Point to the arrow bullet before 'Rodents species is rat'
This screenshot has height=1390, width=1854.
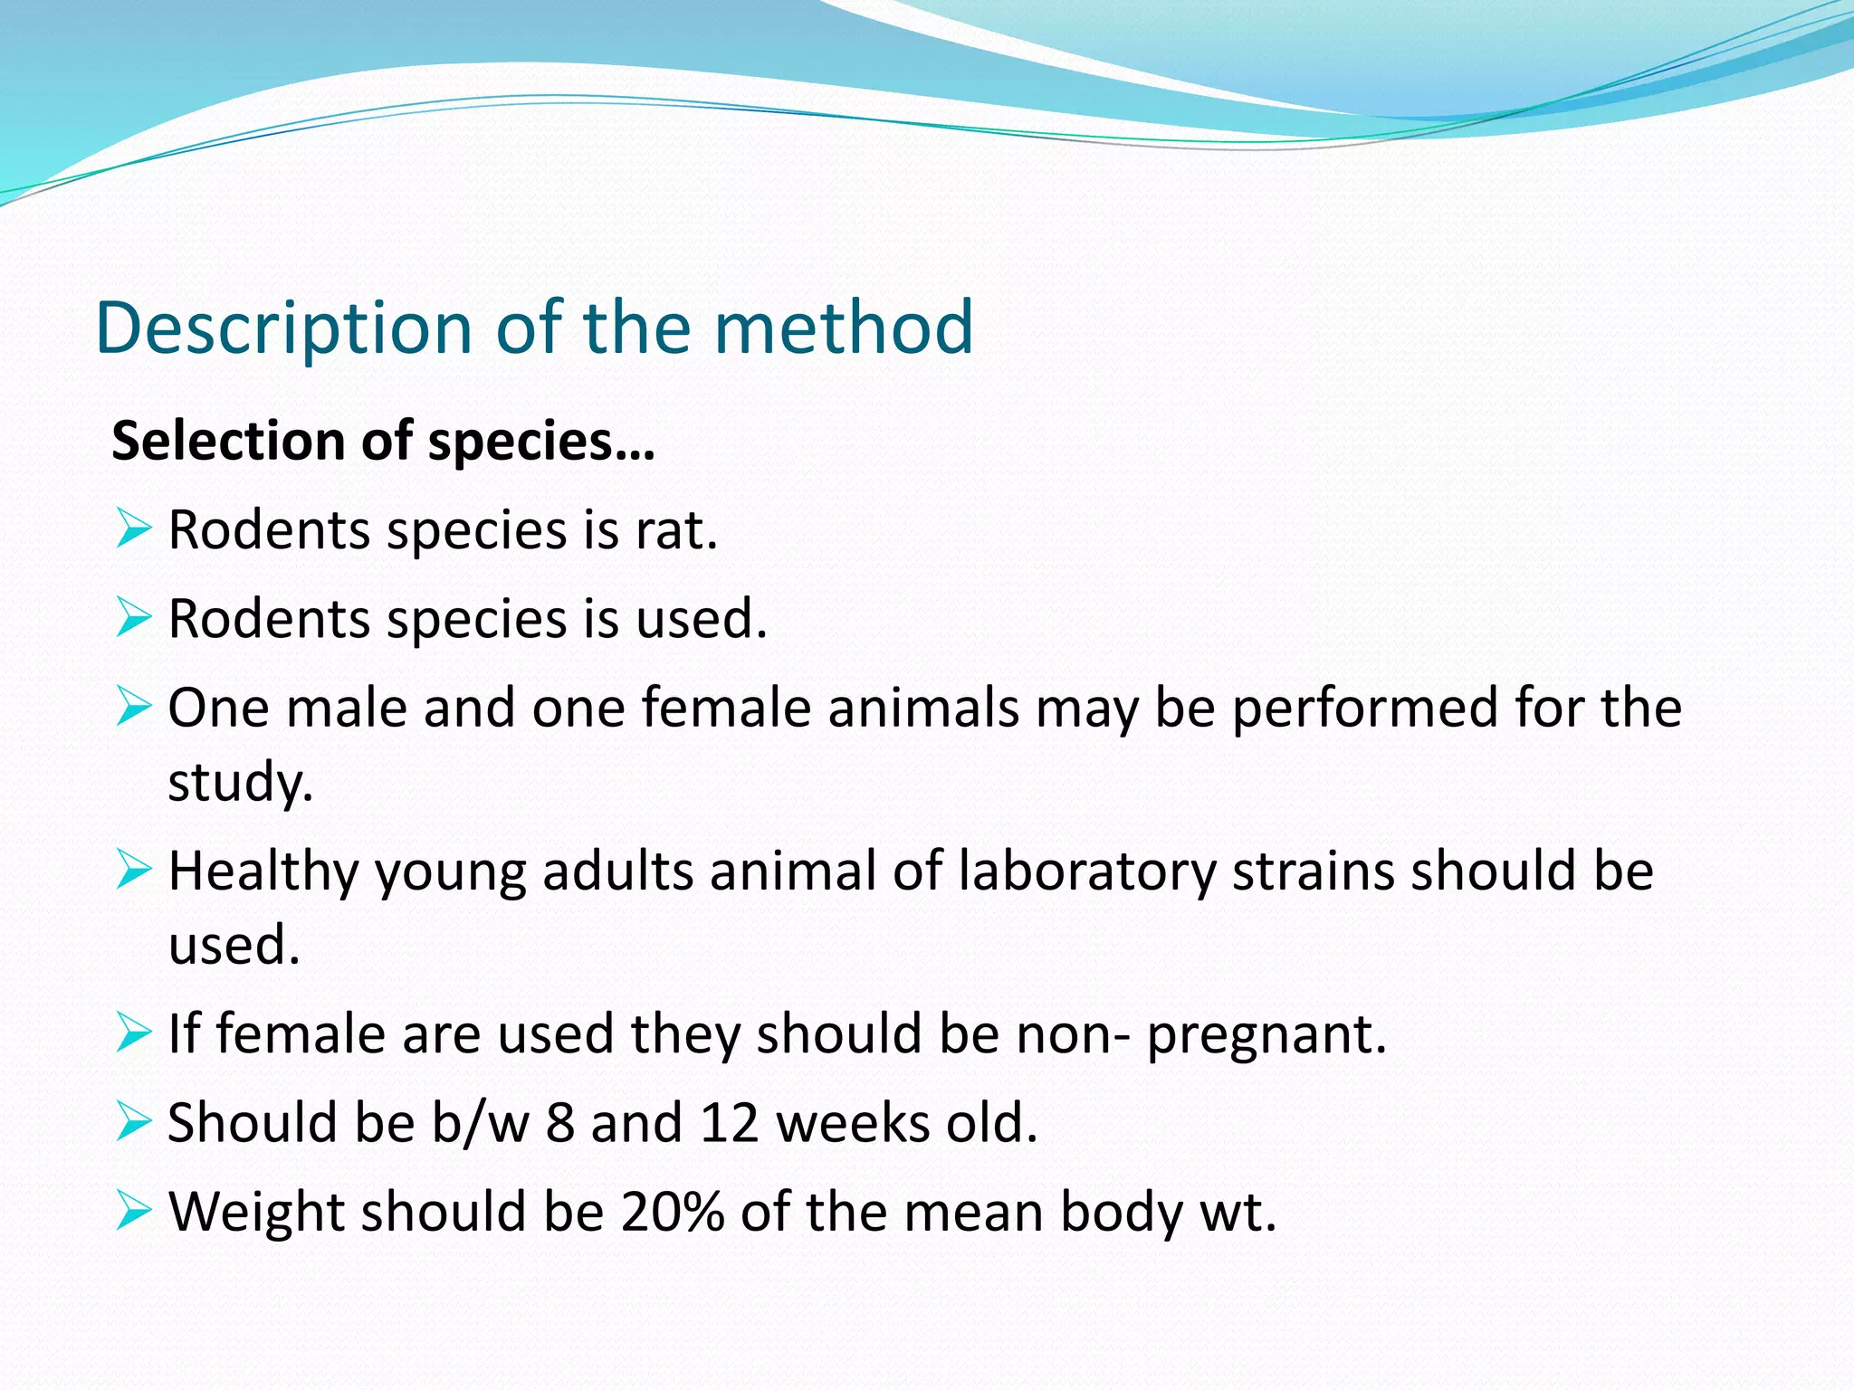click(133, 528)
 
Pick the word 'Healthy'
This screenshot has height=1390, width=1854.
click(263, 871)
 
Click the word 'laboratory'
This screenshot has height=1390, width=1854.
click(1086, 871)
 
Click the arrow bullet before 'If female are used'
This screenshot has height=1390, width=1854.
click(133, 1033)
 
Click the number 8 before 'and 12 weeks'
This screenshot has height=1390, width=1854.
click(560, 1123)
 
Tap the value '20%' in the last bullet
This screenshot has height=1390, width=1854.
click(673, 1212)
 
